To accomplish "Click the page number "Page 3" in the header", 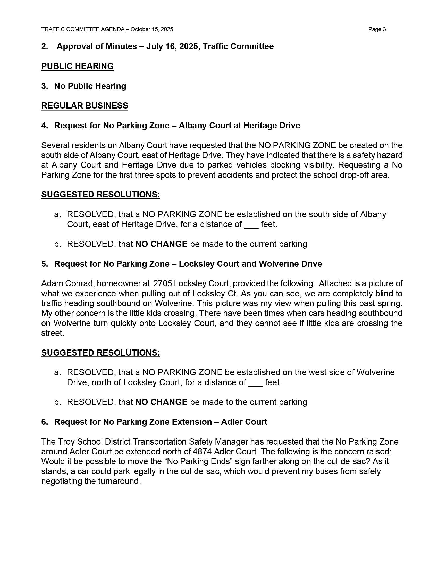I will click(x=377, y=29).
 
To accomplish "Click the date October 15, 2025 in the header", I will click(x=152, y=29).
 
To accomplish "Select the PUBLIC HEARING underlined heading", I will click(x=77, y=66).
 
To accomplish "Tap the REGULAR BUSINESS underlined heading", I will click(x=85, y=106).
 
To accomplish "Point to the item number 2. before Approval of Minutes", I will click(x=45, y=46).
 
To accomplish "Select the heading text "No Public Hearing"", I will click(x=90, y=86).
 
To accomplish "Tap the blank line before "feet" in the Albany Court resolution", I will click(x=251, y=224).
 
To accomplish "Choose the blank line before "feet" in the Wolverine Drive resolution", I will click(x=255, y=383).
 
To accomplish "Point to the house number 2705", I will click(x=162, y=283).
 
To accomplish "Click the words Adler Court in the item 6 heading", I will click(x=244, y=422).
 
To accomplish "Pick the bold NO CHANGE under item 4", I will click(x=161, y=244).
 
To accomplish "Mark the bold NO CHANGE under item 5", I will click(x=161, y=402).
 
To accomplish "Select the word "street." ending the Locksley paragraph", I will click(x=53, y=333).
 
